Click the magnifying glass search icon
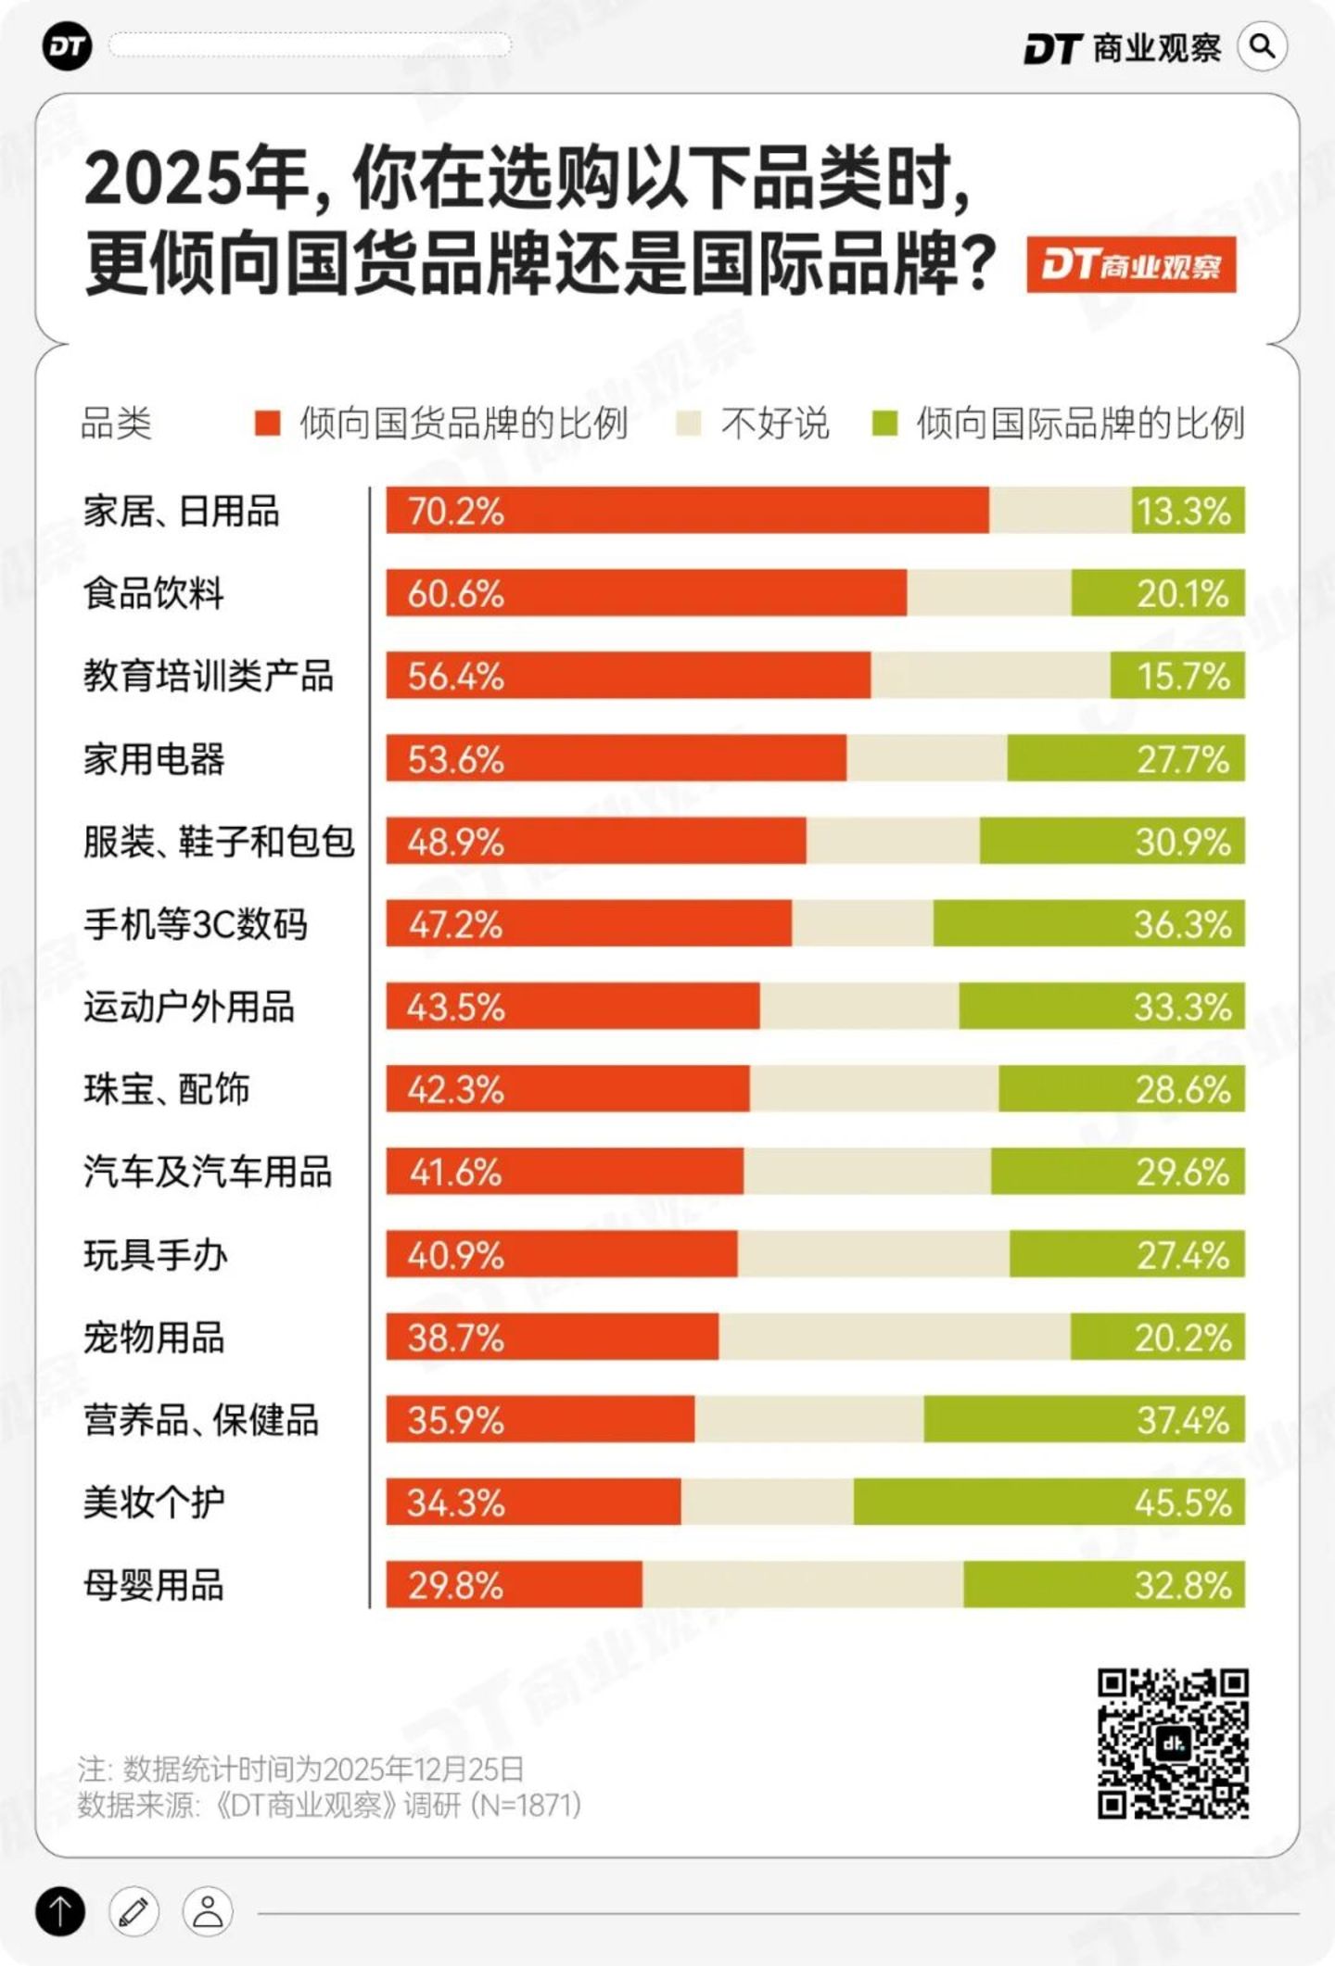(x=1262, y=46)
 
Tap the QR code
(x=1173, y=1744)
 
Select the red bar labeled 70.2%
(x=688, y=511)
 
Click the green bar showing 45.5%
(x=1049, y=1503)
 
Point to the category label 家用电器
(x=154, y=759)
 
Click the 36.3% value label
(x=1183, y=924)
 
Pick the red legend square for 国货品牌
(x=268, y=424)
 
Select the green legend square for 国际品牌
(x=885, y=424)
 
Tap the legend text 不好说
(x=775, y=424)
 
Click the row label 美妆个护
(x=154, y=1503)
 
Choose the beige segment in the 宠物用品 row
(x=895, y=1337)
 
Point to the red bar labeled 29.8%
(x=515, y=1585)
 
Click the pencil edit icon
(x=134, y=1911)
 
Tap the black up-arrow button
(x=60, y=1911)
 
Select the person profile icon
(x=208, y=1911)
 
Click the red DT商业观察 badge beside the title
(x=1131, y=265)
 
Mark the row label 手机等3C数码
(x=196, y=924)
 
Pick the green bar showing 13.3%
(x=1189, y=511)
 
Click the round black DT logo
(x=68, y=46)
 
